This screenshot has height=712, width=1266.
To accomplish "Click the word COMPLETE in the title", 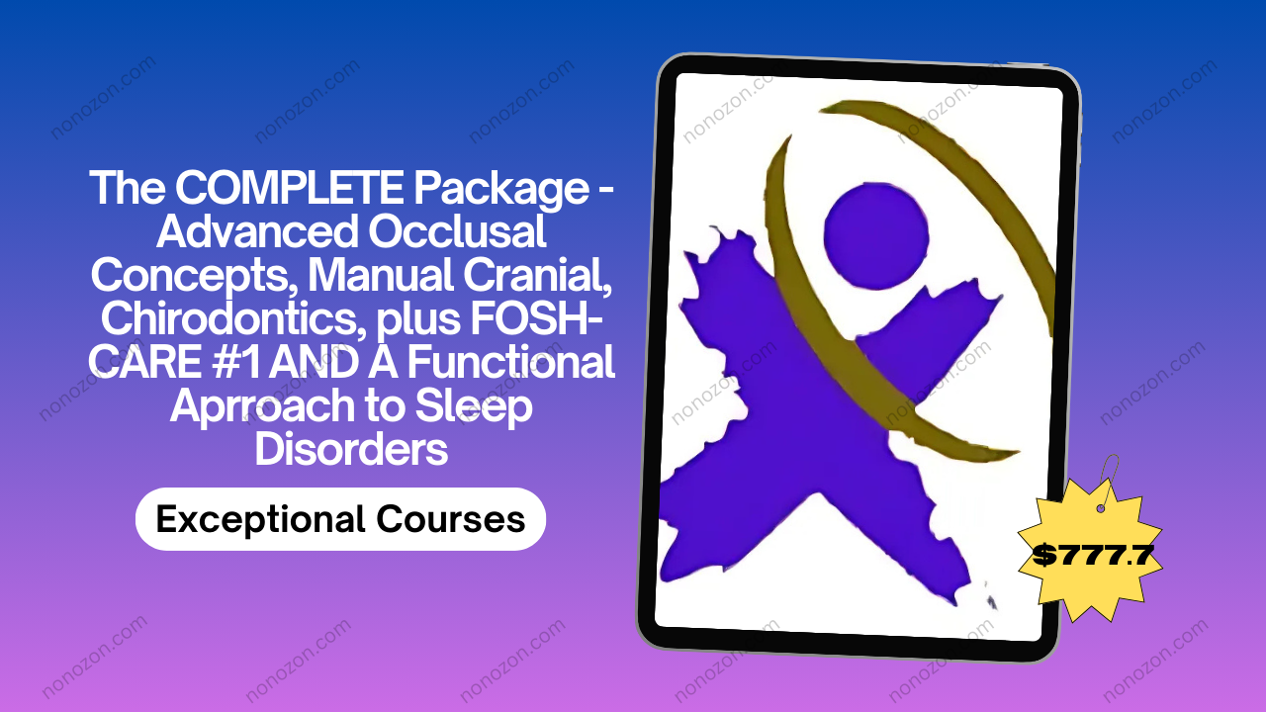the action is (289, 188).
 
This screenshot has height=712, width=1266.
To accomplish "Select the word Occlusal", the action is (457, 231).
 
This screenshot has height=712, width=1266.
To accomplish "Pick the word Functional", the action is (511, 362).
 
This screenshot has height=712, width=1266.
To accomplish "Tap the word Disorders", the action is (351, 449).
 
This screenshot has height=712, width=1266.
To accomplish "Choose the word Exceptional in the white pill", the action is (260, 520).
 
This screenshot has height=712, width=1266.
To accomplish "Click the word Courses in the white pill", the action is (450, 519).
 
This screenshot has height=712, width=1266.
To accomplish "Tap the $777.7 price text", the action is (1093, 555).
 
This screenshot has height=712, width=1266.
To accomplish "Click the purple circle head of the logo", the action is (876, 235).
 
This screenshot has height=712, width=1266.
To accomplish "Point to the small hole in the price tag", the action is (1101, 508).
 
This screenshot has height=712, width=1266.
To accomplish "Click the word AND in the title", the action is (314, 362).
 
